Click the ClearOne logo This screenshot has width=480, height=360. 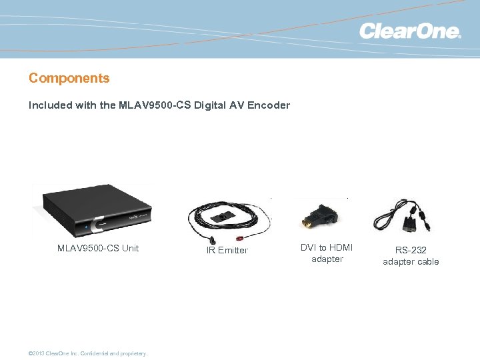click(x=409, y=31)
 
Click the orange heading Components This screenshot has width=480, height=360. click(x=69, y=78)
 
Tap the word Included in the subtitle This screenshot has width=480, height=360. click(x=49, y=105)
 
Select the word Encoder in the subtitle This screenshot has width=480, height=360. click(x=269, y=105)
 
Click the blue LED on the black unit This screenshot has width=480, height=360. click(x=85, y=227)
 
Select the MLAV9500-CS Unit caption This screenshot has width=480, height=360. click(x=98, y=248)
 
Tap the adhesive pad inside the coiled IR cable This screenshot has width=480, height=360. click(x=223, y=217)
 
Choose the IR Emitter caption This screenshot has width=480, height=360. click(x=227, y=250)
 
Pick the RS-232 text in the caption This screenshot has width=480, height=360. click(x=411, y=250)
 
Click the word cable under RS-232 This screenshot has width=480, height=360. click(x=427, y=261)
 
